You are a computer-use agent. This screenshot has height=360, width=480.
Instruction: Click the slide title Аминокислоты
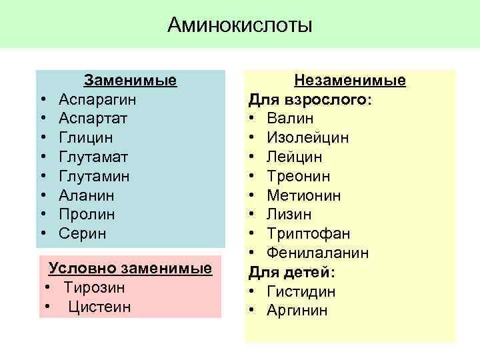point(240,25)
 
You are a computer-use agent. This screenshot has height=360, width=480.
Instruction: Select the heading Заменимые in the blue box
point(130,81)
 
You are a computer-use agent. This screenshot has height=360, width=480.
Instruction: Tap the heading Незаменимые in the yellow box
point(350,81)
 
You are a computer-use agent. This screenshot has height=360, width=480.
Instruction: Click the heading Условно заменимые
point(130,268)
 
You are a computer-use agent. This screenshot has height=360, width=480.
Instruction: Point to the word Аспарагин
point(98,100)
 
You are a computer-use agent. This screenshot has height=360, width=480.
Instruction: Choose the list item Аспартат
point(93,119)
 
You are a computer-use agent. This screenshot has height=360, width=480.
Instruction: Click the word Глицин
point(86,138)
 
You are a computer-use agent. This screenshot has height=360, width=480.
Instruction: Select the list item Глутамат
point(93,157)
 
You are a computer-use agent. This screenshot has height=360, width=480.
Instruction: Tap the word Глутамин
point(94,177)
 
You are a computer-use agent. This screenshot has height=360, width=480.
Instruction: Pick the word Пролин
point(87,215)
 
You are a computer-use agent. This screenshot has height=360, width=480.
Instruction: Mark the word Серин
point(82,234)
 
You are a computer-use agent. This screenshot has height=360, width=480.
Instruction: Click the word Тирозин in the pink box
point(94,287)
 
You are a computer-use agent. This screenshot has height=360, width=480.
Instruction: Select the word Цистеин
point(99,307)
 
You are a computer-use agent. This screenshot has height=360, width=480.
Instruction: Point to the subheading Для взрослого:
point(311,100)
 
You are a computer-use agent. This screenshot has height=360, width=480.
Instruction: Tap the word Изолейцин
point(307,138)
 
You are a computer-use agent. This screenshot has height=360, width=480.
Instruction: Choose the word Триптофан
point(309,234)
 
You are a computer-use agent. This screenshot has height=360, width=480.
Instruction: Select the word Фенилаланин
point(318,253)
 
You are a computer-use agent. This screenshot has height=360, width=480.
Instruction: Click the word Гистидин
point(301,292)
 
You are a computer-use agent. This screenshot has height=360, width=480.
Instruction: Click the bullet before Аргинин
point(253,311)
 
